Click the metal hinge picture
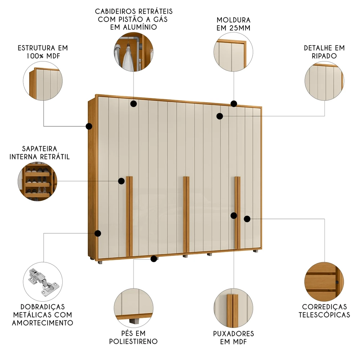click(43, 283)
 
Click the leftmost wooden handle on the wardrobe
click(129, 216)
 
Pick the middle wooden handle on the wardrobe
click(186, 214)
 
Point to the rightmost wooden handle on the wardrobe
click(237, 212)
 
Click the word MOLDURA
click(233, 20)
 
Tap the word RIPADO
click(324, 56)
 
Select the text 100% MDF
click(42, 56)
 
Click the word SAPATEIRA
click(40, 149)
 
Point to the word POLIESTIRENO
click(134, 341)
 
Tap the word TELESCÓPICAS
click(324, 315)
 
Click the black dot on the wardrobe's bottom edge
click(154, 258)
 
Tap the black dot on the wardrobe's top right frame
click(234, 104)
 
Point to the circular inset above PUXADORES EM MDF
click(233, 307)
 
